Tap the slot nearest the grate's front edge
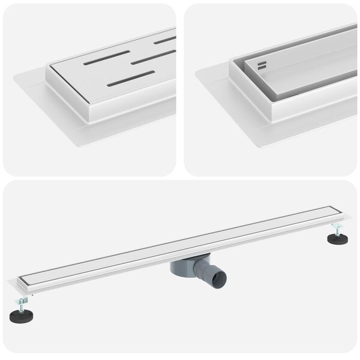(x=130, y=79)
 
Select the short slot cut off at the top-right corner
(x=164, y=40)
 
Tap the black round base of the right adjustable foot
(x=337, y=239)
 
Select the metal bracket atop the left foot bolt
(x=22, y=298)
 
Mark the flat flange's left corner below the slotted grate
(x=14, y=76)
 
